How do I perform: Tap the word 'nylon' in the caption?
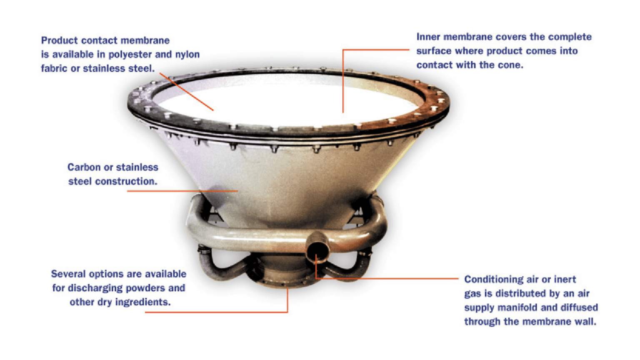[x=187, y=55]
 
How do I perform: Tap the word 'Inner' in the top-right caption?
[x=428, y=37]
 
